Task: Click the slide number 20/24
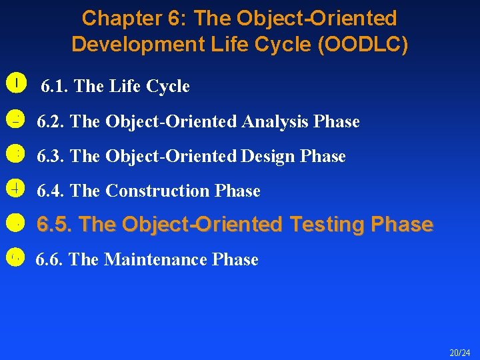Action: (459, 352)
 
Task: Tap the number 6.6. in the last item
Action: (50, 259)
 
